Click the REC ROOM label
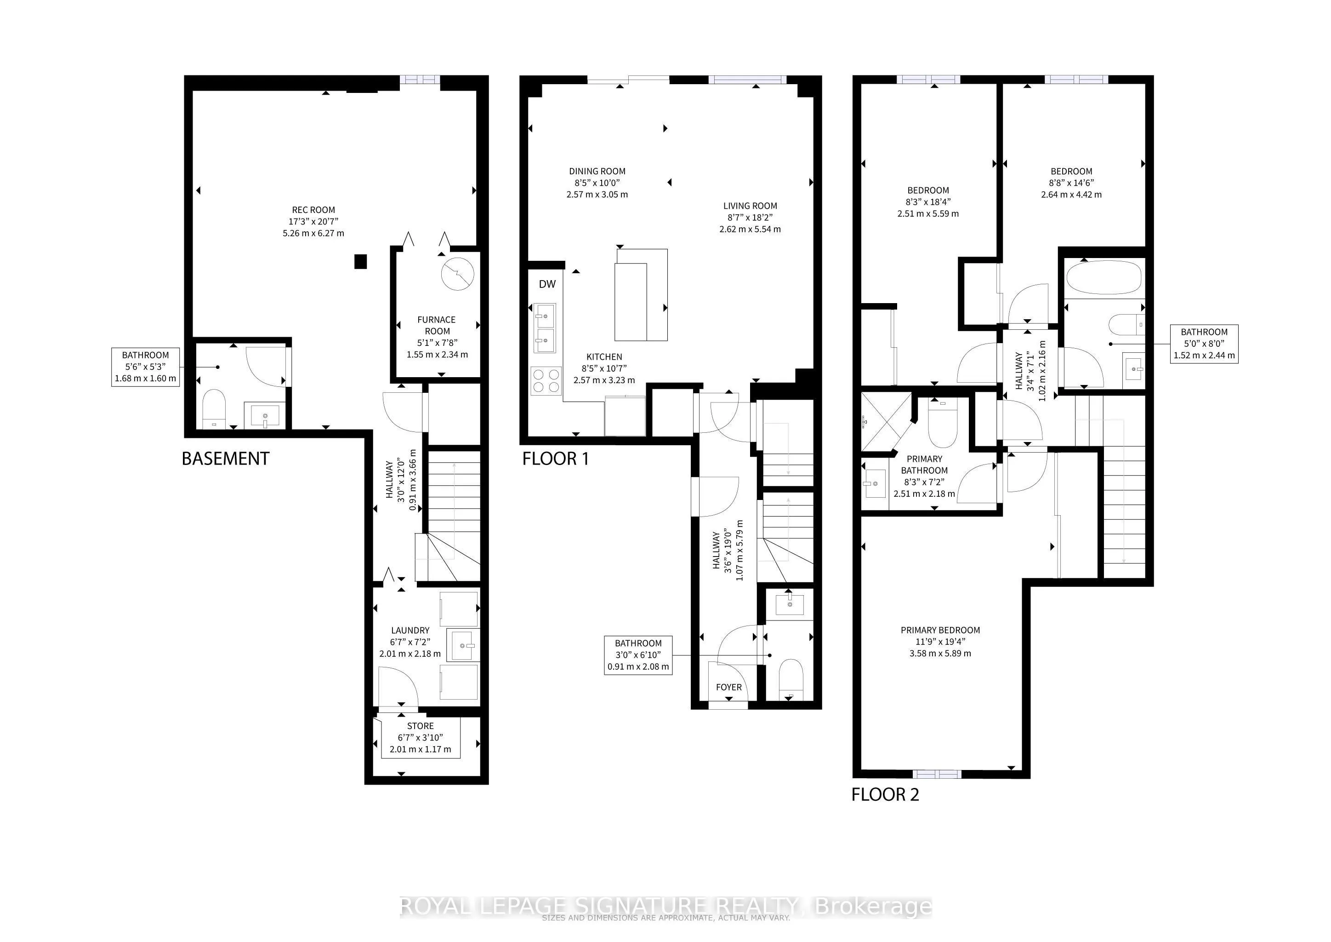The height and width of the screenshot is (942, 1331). click(x=313, y=210)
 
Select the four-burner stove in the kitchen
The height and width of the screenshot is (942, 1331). click(x=546, y=381)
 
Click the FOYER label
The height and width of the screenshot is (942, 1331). click(x=728, y=687)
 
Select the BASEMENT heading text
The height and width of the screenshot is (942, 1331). click(x=226, y=459)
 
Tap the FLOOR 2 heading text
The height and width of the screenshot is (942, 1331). click(x=885, y=795)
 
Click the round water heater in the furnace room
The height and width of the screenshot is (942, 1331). click(x=457, y=274)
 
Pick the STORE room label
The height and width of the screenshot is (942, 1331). click(x=420, y=726)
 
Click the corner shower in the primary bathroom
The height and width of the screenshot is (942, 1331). click(x=882, y=422)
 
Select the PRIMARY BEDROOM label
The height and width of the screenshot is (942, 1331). click(x=940, y=630)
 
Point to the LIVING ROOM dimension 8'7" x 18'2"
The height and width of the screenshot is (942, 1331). click(x=750, y=218)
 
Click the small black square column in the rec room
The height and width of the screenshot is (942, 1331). click(x=361, y=262)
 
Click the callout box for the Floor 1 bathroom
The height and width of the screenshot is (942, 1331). click(x=637, y=655)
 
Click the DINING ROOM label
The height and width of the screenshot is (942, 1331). click(x=597, y=171)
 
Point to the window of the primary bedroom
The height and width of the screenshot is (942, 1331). click(x=937, y=774)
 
